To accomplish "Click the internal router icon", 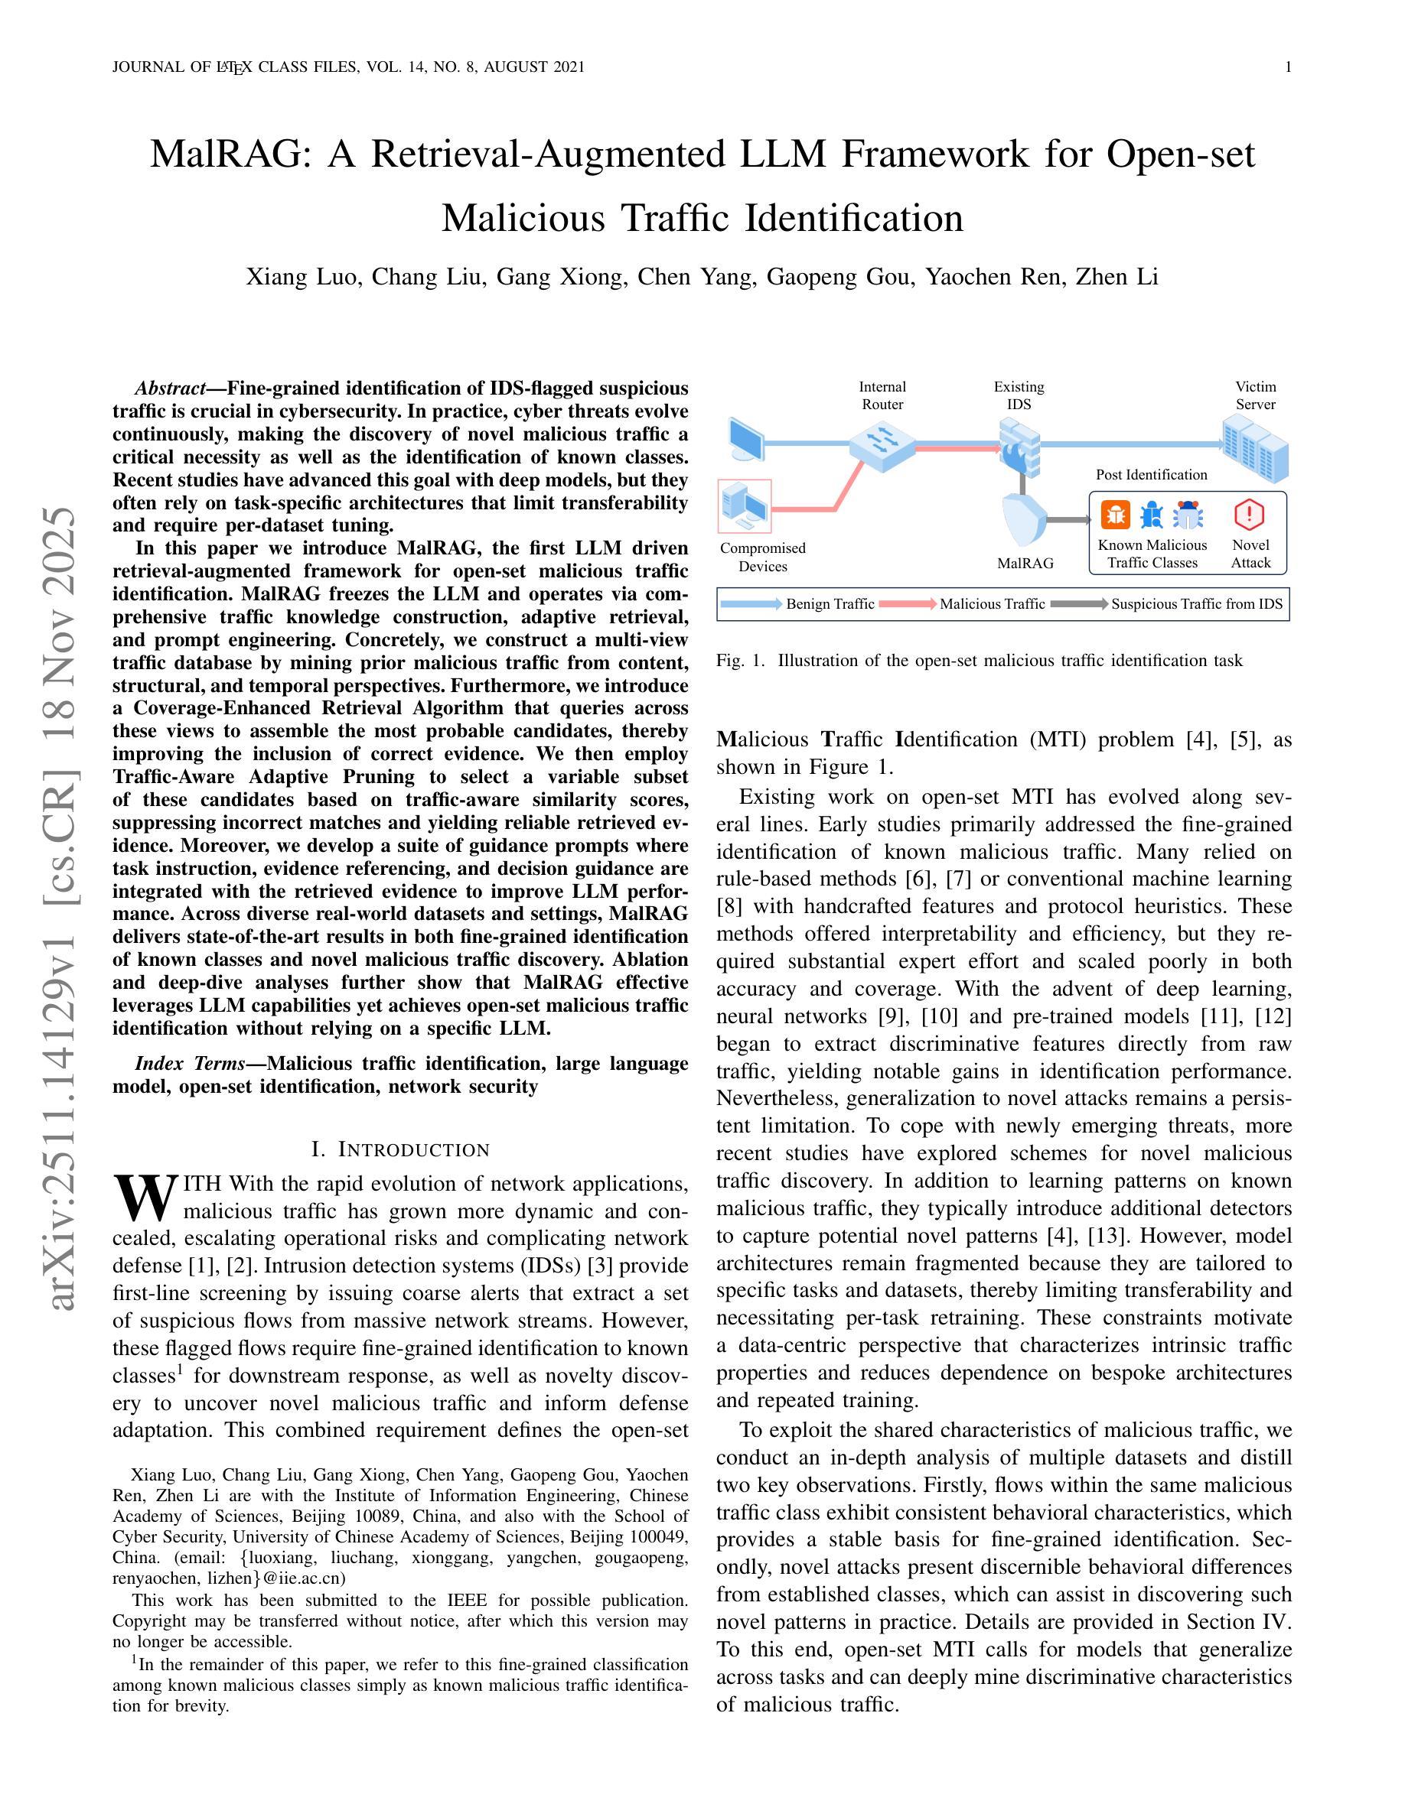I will (882, 444).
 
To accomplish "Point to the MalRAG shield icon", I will (1024, 521).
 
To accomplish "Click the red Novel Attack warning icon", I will (1249, 515).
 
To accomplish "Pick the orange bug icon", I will (1115, 515).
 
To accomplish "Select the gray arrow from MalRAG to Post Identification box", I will (1067, 521).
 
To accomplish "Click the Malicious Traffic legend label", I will (993, 604).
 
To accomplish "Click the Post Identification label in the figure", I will (1151, 475).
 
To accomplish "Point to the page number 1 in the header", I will (1289, 67).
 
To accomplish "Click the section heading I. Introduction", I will (400, 1149).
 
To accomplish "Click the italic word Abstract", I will (171, 388).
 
